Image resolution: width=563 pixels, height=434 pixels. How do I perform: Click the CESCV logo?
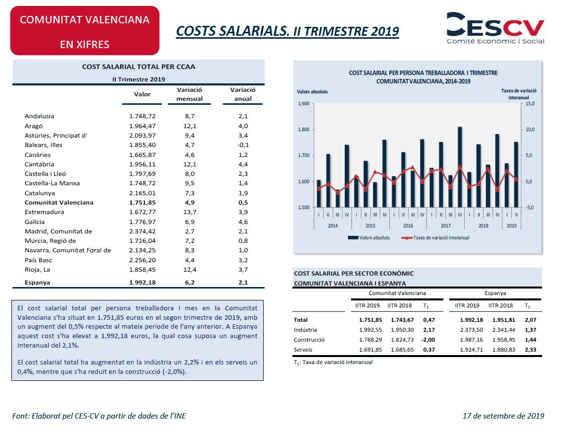[495, 28]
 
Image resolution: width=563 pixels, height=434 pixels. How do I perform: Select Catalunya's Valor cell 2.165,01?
[142, 193]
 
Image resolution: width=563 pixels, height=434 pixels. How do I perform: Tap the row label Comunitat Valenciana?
[59, 202]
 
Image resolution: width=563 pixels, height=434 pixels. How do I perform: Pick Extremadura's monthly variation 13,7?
[190, 212]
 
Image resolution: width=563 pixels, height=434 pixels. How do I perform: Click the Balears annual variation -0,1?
[243, 145]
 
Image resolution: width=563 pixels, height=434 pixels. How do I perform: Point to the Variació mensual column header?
[190, 94]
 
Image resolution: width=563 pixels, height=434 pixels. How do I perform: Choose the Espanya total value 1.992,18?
[142, 283]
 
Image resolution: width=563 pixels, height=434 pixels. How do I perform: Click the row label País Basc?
[38, 260]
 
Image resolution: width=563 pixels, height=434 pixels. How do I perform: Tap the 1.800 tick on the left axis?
[304, 130]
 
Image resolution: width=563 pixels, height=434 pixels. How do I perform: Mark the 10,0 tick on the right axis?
[530, 130]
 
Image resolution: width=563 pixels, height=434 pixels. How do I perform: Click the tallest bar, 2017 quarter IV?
[460, 167]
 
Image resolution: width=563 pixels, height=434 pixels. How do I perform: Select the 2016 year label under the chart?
[408, 225]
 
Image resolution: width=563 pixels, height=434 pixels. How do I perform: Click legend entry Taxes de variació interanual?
[435, 238]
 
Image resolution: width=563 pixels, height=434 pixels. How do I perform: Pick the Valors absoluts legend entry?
[369, 238]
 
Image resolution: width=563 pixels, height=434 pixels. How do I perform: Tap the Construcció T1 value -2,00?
[428, 340]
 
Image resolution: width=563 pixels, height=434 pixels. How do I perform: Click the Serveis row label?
[303, 350]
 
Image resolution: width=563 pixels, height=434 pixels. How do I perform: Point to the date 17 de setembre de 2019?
[503, 416]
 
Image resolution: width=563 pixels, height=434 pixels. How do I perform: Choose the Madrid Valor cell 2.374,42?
[142, 231]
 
